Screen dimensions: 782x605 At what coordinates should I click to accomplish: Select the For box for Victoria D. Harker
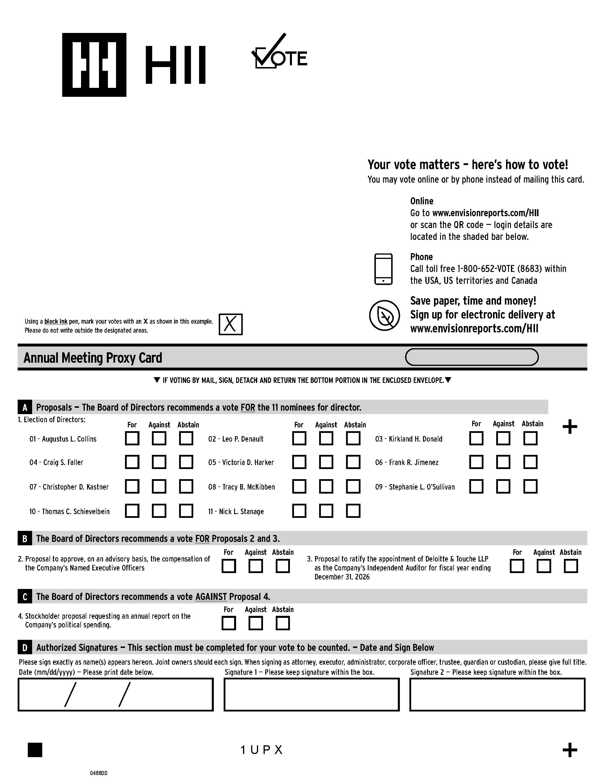click(299, 462)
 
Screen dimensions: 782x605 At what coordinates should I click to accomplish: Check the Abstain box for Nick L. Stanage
click(353, 511)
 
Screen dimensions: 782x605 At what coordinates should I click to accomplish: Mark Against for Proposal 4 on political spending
click(255, 623)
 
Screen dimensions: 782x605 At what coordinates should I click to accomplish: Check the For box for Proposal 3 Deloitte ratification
click(517, 566)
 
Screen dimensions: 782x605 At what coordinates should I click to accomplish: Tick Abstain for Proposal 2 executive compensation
click(282, 566)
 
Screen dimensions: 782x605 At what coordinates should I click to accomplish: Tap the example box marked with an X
click(231, 325)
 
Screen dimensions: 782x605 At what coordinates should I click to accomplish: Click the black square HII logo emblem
click(94, 65)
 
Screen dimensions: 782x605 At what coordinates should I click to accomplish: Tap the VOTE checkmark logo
click(279, 52)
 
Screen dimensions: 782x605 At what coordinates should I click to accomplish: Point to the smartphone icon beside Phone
click(383, 269)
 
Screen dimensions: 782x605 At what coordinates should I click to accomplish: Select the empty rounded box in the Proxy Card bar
click(472, 357)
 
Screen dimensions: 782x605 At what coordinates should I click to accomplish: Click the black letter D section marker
click(25, 647)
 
